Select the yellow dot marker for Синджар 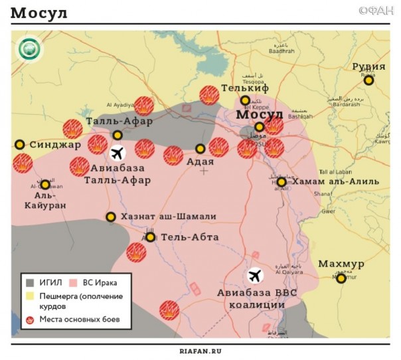coord(20,144)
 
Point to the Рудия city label coord(368,67)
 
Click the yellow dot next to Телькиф coord(245,100)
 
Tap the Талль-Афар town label coord(119,121)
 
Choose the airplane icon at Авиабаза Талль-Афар coord(118,153)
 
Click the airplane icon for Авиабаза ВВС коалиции coord(255,274)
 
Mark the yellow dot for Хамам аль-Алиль coord(281,182)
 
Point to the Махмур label coord(341,264)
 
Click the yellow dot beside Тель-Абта coord(151,237)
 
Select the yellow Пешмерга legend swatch coord(31,295)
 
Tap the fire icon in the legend coord(31,319)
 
